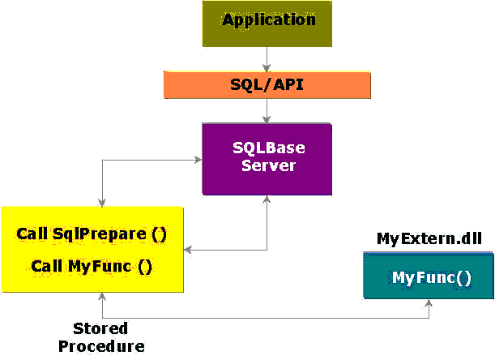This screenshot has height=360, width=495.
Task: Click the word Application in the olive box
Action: pyautogui.click(x=269, y=21)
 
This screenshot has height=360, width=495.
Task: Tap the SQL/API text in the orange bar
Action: pyautogui.click(x=267, y=84)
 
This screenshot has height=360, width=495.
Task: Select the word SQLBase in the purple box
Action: pyautogui.click(x=269, y=148)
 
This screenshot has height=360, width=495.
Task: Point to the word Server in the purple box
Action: pyautogui.click(x=268, y=165)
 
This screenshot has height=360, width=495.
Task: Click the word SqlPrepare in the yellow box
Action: pyautogui.click(x=100, y=234)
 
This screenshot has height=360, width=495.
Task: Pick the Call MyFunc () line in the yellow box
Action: pyautogui.click(x=92, y=267)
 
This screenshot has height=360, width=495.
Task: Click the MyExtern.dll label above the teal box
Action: pyautogui.click(x=429, y=238)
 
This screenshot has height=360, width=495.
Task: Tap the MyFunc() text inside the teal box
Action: pyautogui.click(x=432, y=278)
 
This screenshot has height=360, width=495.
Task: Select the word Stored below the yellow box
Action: pyautogui.click(x=100, y=328)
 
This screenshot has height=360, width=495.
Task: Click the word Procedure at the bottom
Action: pyautogui.click(x=101, y=346)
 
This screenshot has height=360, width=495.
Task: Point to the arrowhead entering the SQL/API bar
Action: pyautogui.click(x=267, y=68)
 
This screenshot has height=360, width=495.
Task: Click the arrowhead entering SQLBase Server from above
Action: pyautogui.click(x=267, y=119)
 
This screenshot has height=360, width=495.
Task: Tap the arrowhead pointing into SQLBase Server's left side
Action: pyautogui.click(x=198, y=160)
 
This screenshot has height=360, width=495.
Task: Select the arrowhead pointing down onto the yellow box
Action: pyautogui.click(x=102, y=203)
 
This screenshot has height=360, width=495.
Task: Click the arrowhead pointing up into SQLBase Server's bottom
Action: pyautogui.click(x=267, y=199)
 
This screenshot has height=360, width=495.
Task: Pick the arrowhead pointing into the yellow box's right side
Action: pyautogui.click(x=187, y=250)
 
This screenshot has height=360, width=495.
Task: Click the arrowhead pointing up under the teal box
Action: pyautogui.click(x=429, y=303)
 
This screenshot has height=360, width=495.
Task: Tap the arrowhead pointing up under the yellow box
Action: pyautogui.click(x=102, y=297)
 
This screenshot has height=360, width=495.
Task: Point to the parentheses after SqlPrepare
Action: pyautogui.click(x=159, y=235)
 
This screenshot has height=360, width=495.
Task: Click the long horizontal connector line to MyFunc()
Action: pyautogui.click(x=266, y=318)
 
